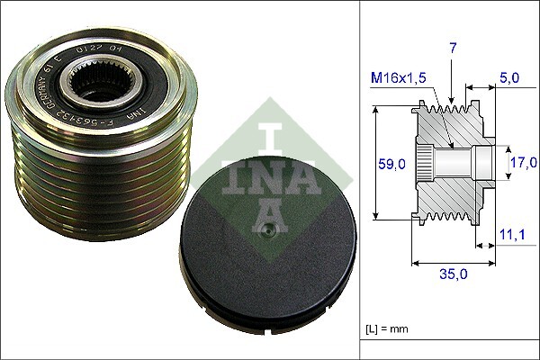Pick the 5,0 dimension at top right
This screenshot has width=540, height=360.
point(508,78)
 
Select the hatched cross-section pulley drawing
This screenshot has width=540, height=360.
point(450,162)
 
